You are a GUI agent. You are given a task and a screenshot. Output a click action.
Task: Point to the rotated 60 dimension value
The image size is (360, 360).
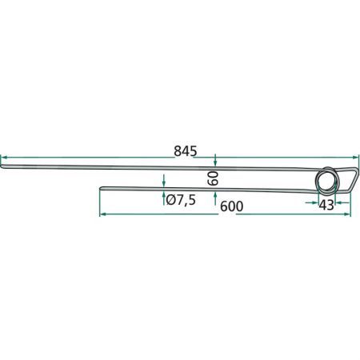click(x=214, y=178)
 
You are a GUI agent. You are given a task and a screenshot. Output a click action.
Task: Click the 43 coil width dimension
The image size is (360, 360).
click(x=326, y=205)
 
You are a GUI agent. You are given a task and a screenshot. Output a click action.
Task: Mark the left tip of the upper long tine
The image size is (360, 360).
click(x=2, y=166)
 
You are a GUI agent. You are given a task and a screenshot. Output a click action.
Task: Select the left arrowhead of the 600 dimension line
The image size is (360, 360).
click(x=102, y=214)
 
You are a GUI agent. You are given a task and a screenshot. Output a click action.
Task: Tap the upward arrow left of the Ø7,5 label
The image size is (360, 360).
click(x=163, y=196)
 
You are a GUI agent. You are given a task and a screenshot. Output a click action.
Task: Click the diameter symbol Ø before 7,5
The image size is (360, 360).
click(x=169, y=199)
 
